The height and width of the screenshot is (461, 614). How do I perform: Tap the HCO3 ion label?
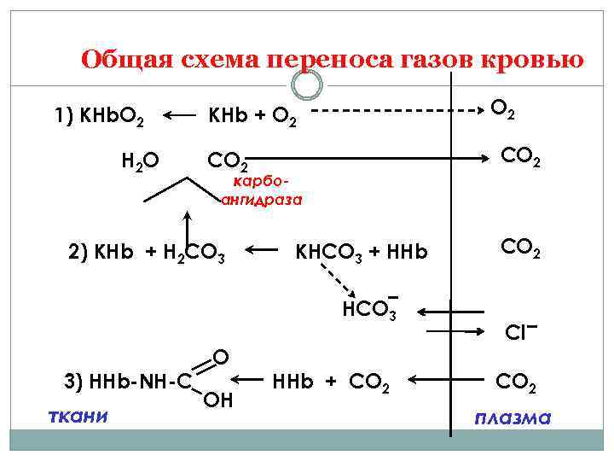pyautogui.click(x=369, y=308)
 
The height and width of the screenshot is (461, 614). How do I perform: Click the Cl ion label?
pyautogui.click(x=518, y=331)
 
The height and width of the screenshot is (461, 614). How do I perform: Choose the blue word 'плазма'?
pyautogui.click(x=513, y=418)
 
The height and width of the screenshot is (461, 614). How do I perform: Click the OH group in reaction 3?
pyautogui.click(x=218, y=399)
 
